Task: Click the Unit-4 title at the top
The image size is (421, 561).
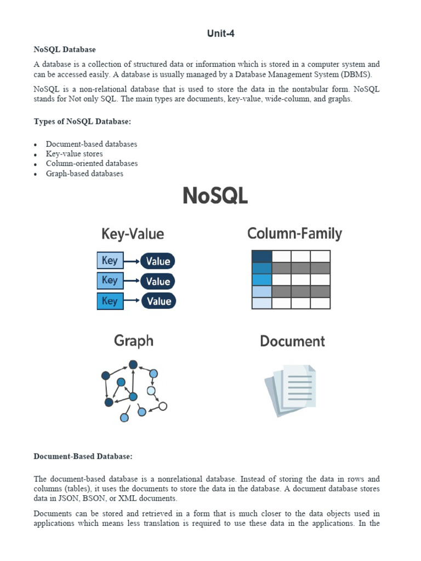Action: (x=221, y=33)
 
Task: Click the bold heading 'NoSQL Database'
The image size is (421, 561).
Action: (x=65, y=50)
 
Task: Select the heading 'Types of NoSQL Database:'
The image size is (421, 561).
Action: (x=82, y=122)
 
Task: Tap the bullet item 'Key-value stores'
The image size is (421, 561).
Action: (x=74, y=154)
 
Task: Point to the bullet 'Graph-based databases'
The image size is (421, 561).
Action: (x=84, y=174)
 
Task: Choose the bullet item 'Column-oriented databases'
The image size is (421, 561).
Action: (x=92, y=164)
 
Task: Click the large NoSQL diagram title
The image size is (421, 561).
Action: (x=215, y=196)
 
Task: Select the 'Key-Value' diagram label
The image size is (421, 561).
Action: (x=133, y=234)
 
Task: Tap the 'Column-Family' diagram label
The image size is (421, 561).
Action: (x=294, y=234)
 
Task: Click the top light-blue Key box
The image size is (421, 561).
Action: (x=110, y=260)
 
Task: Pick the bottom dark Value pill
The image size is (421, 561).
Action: (x=159, y=301)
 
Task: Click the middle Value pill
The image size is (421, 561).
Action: (x=158, y=281)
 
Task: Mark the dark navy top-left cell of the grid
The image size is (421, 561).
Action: (x=261, y=256)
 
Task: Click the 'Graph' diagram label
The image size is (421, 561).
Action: (x=134, y=341)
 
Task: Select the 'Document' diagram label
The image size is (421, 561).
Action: (x=292, y=342)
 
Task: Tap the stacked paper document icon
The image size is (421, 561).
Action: (x=291, y=390)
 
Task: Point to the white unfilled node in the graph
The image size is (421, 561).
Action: (x=162, y=407)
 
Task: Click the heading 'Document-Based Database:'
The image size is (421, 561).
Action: (x=83, y=456)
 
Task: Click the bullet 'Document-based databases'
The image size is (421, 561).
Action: (x=91, y=144)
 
